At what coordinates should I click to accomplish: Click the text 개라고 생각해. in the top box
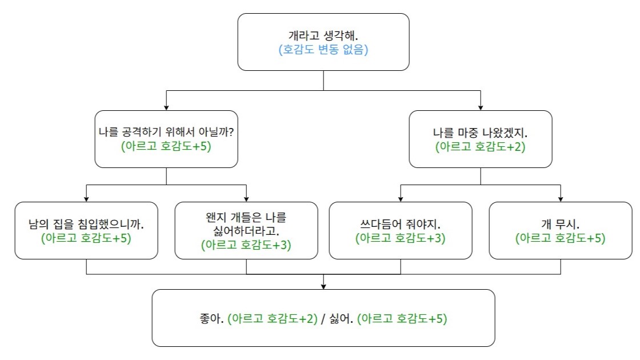point(323,35)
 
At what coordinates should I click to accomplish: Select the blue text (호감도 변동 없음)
point(323,50)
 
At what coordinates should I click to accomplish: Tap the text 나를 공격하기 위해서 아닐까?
point(166,132)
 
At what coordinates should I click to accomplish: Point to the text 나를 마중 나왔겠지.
point(481,133)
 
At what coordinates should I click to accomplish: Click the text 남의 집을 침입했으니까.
point(86,224)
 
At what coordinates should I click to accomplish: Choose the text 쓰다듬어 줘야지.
point(401,224)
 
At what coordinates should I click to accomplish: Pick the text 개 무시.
point(561,224)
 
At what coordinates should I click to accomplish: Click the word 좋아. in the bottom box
point(211,318)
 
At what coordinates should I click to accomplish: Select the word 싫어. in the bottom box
point(341,318)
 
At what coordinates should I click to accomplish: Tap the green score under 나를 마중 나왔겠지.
point(481,147)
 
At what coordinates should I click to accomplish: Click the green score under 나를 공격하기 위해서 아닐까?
point(166,146)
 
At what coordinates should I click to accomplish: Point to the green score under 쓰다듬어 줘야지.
point(401,238)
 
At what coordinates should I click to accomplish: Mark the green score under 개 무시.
point(561,238)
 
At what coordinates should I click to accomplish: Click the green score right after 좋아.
point(272,318)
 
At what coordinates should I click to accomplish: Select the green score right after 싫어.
point(402,318)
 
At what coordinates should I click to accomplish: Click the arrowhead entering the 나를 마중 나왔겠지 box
point(481,108)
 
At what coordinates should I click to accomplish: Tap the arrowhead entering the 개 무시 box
point(561,199)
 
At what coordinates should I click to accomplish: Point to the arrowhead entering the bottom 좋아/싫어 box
point(323,287)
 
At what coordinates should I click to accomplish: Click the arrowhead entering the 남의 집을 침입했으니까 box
point(86,199)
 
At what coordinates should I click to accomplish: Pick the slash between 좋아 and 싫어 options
point(323,319)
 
